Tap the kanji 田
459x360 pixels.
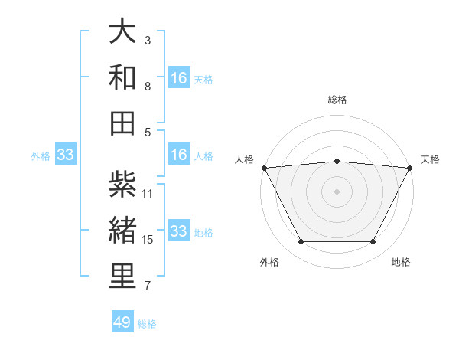(x=122, y=123)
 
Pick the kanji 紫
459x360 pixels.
(x=122, y=184)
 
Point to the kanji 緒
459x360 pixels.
(x=122, y=230)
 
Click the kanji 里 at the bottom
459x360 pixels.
(x=122, y=276)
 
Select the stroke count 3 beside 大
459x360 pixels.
(x=148, y=40)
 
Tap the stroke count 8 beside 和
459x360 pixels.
(x=148, y=86)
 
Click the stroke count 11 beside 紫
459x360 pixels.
(x=148, y=193)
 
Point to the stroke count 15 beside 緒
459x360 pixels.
(x=148, y=240)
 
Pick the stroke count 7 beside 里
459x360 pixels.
(x=148, y=286)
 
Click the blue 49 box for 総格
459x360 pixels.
(x=122, y=322)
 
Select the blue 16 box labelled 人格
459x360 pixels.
(x=178, y=155)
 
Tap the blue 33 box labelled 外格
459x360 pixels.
(x=65, y=155)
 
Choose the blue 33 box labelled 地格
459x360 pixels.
(x=178, y=231)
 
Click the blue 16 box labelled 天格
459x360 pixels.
(x=178, y=77)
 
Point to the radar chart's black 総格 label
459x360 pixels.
(x=337, y=100)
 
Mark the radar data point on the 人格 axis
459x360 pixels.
(x=264, y=167)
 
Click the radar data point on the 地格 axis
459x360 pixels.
(x=373, y=242)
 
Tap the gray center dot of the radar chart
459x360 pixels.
(x=337, y=191)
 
